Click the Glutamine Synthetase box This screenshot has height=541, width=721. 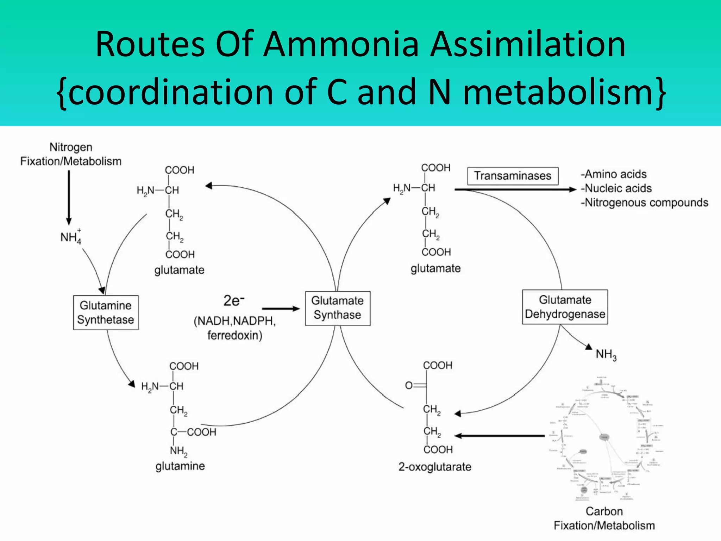[106, 312]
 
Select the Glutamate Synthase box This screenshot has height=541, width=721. [338, 308]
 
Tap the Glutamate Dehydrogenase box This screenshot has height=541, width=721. [565, 307]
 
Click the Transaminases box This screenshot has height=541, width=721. [513, 176]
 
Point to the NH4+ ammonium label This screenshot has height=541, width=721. [71, 237]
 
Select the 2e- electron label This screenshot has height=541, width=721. [233, 301]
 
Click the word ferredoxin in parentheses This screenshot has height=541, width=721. [234, 335]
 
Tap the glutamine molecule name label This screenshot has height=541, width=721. [180, 466]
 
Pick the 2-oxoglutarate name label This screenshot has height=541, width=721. [435, 467]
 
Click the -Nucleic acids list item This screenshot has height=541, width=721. [616, 188]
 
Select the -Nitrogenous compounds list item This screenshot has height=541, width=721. [644, 203]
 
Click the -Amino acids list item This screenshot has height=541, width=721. [614, 174]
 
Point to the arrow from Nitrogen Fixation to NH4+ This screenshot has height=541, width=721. [69, 197]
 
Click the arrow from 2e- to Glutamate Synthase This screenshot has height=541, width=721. [281, 309]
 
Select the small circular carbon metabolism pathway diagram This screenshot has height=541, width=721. [605, 440]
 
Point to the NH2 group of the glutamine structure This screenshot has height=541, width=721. [178, 451]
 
